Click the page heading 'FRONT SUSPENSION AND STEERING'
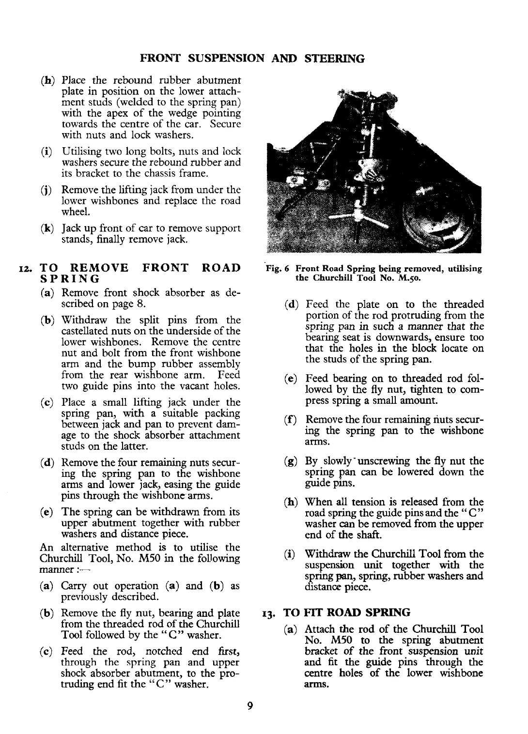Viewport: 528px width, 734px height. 252,59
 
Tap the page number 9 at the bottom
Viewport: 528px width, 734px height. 249,706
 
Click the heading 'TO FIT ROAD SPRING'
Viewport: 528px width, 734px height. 347,612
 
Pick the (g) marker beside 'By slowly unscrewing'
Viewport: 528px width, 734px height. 292,461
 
